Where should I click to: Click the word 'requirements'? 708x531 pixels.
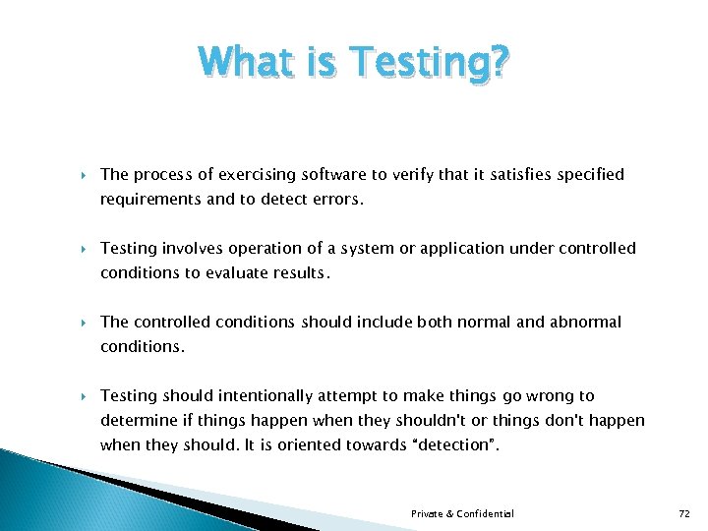click(147, 200)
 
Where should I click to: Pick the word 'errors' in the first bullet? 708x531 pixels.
click(337, 200)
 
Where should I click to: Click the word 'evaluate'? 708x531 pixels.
click(237, 273)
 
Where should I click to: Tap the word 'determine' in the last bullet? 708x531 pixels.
click(136, 421)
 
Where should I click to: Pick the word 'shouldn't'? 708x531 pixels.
click(441, 421)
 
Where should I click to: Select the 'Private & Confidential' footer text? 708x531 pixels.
click(462, 514)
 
